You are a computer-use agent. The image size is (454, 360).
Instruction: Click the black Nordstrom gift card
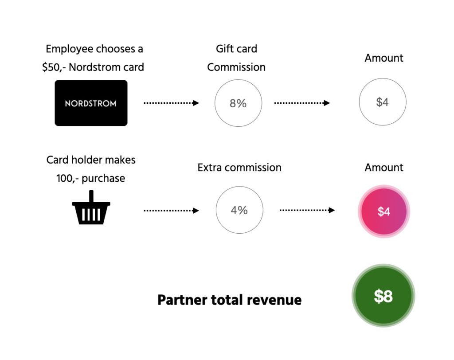(91, 103)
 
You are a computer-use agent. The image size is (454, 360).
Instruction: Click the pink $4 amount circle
(384, 211)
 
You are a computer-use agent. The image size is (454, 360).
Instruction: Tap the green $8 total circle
(384, 295)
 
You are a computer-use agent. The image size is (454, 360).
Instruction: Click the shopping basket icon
(91, 207)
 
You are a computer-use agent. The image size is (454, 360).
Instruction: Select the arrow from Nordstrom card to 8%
(172, 103)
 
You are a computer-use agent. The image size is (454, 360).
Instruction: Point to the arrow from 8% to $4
(302, 103)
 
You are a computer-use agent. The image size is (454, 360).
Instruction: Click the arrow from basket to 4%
(172, 210)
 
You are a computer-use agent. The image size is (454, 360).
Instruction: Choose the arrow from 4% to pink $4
(307, 210)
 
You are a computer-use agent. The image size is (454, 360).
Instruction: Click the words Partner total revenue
(229, 300)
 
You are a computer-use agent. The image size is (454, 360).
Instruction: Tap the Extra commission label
(239, 168)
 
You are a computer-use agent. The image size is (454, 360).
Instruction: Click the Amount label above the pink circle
(384, 168)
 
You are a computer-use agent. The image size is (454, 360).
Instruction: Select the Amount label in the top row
(384, 58)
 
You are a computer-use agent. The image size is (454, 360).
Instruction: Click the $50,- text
(54, 67)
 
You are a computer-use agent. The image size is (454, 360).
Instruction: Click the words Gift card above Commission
(237, 49)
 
